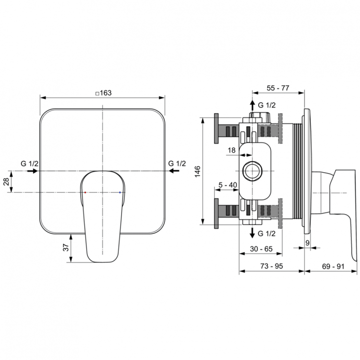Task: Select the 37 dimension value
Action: [x=66, y=248]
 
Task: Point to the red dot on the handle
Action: [x=85, y=192]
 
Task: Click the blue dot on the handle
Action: [x=120, y=192]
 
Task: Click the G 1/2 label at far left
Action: [x=29, y=164]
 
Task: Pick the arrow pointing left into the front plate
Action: [x=173, y=171]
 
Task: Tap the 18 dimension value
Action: [x=231, y=150]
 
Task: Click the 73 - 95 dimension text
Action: [x=271, y=265]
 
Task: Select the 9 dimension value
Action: [x=308, y=243]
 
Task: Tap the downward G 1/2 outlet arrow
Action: [x=252, y=233]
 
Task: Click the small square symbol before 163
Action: [x=97, y=93]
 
